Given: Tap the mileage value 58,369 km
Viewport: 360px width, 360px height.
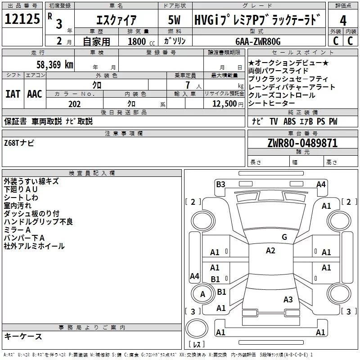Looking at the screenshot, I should [53, 64].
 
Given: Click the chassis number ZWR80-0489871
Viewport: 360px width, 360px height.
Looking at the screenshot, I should [302, 143].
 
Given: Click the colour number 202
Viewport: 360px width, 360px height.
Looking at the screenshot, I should [75, 104].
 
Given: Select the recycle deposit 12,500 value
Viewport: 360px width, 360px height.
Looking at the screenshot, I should [224, 104].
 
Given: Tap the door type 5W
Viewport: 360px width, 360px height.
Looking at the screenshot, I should [174, 20].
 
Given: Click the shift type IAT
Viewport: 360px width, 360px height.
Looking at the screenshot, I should [13, 94].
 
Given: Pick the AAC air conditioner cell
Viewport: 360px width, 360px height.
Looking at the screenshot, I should [35, 94].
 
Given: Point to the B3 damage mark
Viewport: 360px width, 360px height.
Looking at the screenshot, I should [220, 184].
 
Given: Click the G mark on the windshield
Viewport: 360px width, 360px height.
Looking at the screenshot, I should [284, 237].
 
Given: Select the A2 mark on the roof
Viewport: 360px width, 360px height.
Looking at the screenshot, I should [270, 251].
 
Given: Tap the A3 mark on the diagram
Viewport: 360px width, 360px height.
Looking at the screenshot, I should [288, 299].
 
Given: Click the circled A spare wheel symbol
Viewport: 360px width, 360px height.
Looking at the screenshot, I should [202, 294].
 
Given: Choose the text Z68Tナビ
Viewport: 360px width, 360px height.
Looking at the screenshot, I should [19, 143].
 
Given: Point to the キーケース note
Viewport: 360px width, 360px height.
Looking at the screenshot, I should [23, 337].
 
